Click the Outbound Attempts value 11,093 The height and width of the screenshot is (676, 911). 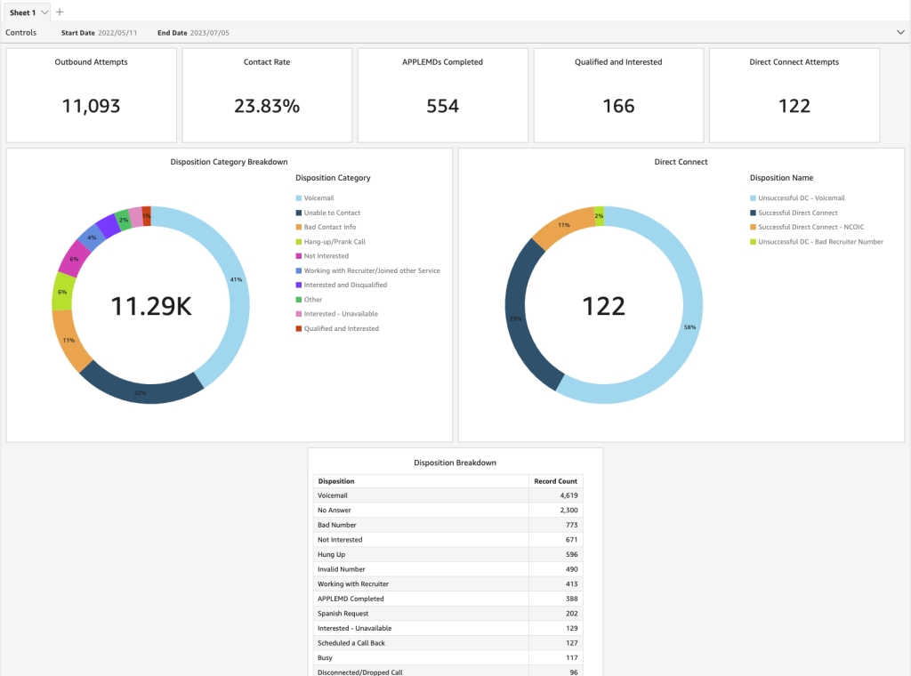[x=91, y=106]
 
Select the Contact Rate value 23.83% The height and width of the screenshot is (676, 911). [x=267, y=106]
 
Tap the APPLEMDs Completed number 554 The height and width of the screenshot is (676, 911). [x=442, y=106]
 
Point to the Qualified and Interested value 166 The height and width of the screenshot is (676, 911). [x=618, y=106]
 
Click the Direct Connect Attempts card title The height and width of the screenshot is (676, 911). [x=794, y=62]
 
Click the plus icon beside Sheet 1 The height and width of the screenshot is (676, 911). [x=60, y=12]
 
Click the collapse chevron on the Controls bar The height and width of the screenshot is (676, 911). [x=899, y=33]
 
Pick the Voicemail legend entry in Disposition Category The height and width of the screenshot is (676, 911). [x=318, y=198]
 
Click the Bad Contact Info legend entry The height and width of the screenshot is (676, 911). [x=329, y=228]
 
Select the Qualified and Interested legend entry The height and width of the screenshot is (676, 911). [x=341, y=329]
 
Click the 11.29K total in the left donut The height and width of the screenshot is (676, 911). [x=150, y=306]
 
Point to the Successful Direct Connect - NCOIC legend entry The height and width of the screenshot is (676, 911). [x=810, y=228]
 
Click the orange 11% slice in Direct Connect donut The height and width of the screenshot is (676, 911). [x=560, y=228]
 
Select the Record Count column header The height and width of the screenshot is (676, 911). [x=555, y=481]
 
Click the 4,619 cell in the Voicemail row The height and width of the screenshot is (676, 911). [x=568, y=495]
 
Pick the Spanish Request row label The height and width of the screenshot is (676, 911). [x=343, y=614]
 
